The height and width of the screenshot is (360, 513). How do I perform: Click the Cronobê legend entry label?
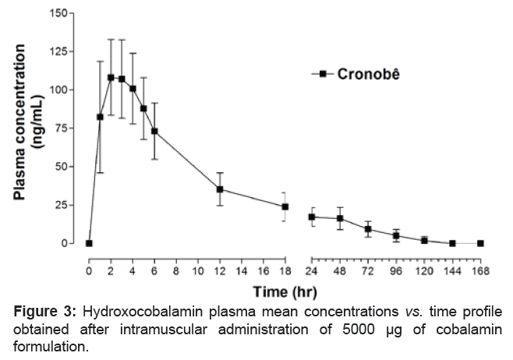coord(370,75)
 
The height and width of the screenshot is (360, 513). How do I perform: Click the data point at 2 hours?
coord(111,77)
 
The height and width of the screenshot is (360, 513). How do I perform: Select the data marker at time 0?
coord(89,243)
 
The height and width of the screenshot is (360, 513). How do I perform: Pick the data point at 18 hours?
coord(285,206)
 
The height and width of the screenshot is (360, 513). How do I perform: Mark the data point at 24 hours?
coord(312,217)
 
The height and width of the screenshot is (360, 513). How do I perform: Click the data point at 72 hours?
coord(368,229)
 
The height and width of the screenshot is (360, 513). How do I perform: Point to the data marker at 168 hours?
coord(480,243)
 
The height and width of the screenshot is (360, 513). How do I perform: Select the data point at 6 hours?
coord(154,131)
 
